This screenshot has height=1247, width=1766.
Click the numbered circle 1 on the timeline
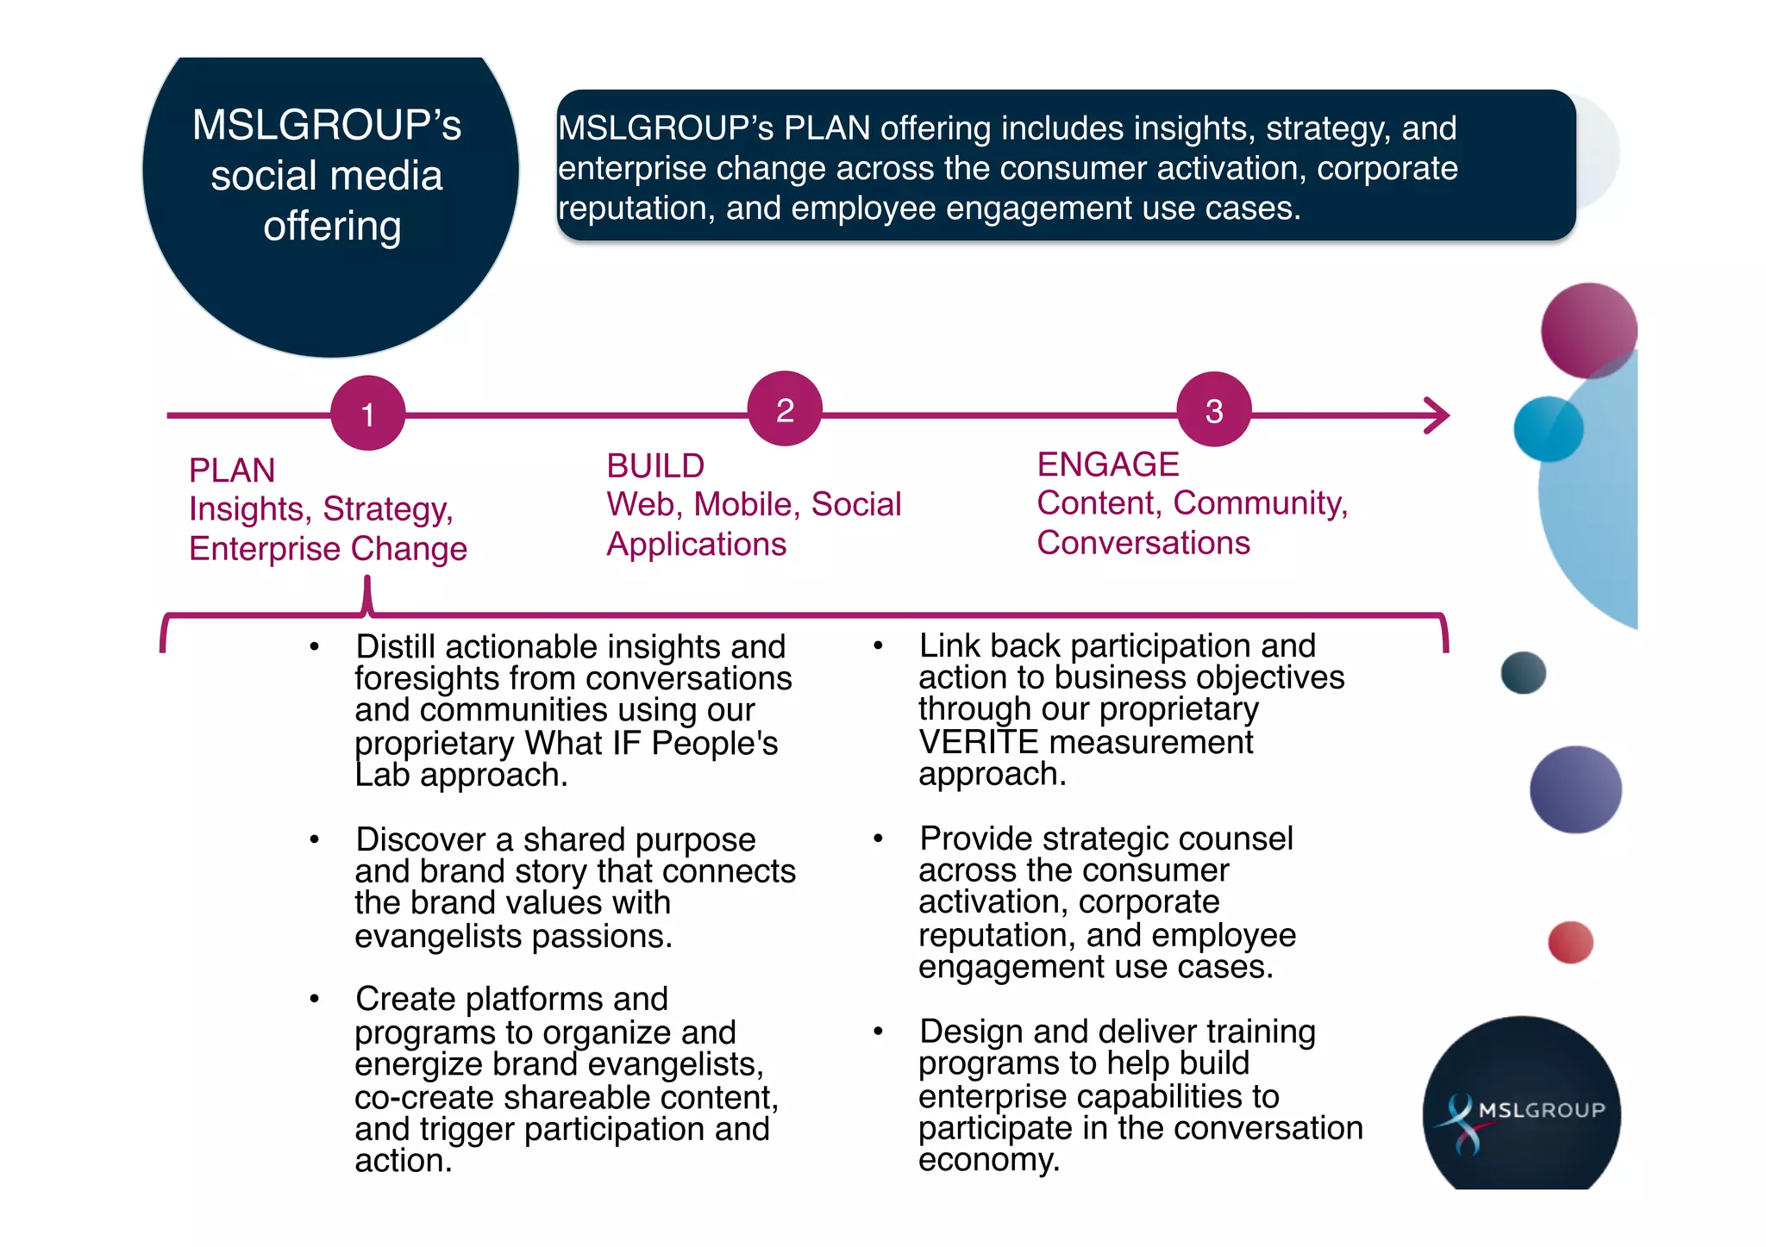(x=368, y=413)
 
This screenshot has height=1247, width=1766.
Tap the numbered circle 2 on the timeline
(x=785, y=408)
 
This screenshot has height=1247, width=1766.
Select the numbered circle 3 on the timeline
(x=1214, y=409)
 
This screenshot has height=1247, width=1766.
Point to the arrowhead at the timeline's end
(x=1438, y=415)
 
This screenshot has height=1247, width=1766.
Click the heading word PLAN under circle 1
(x=232, y=471)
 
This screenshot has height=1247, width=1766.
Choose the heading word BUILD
(x=655, y=466)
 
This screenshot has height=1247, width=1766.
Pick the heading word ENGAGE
(x=1107, y=465)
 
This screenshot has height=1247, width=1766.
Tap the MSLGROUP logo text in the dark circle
(x=1542, y=1110)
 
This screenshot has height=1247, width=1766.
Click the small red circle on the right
(x=1570, y=942)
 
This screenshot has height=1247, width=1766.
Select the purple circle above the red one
(x=1575, y=789)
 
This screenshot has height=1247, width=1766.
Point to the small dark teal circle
(x=1523, y=673)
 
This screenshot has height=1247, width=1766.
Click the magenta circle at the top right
(x=1588, y=329)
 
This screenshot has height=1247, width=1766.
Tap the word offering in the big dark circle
(x=332, y=227)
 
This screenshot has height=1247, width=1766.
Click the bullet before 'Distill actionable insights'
(x=315, y=646)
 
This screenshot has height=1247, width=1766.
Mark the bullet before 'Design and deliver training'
(x=878, y=1031)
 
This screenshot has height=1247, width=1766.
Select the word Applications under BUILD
(x=696, y=545)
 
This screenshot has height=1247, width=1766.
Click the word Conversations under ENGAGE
(x=1143, y=543)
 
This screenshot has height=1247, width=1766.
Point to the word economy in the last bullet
(x=987, y=1160)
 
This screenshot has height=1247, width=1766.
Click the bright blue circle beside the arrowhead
(x=1548, y=429)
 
